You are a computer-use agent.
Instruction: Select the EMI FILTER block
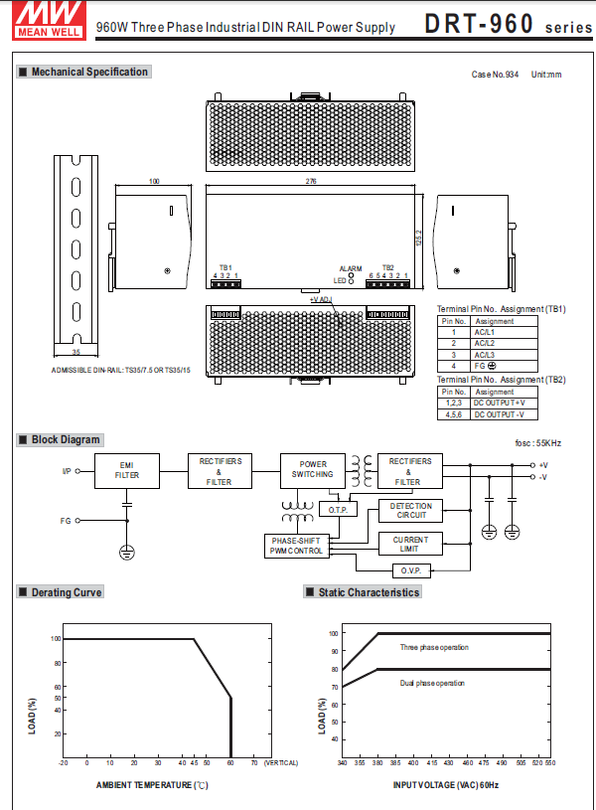pos(126,471)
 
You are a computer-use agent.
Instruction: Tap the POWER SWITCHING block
pos(313,468)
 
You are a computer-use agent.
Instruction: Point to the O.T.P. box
pos(336,510)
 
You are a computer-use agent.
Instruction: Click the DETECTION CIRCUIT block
pos(411,511)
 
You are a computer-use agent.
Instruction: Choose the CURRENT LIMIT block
pos(411,544)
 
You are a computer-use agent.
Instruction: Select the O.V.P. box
pos(411,570)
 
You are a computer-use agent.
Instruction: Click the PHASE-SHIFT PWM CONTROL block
pos(296,546)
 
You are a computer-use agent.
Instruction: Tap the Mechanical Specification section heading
pos(89,72)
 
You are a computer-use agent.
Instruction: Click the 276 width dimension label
pos(311,182)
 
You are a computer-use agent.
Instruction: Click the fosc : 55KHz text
pos(537,442)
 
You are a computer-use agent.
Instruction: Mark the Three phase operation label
pos(434,647)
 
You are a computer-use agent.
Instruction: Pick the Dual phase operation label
pos(432,683)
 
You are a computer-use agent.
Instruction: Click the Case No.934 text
pos(495,75)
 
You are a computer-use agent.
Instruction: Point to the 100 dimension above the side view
pos(154,182)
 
